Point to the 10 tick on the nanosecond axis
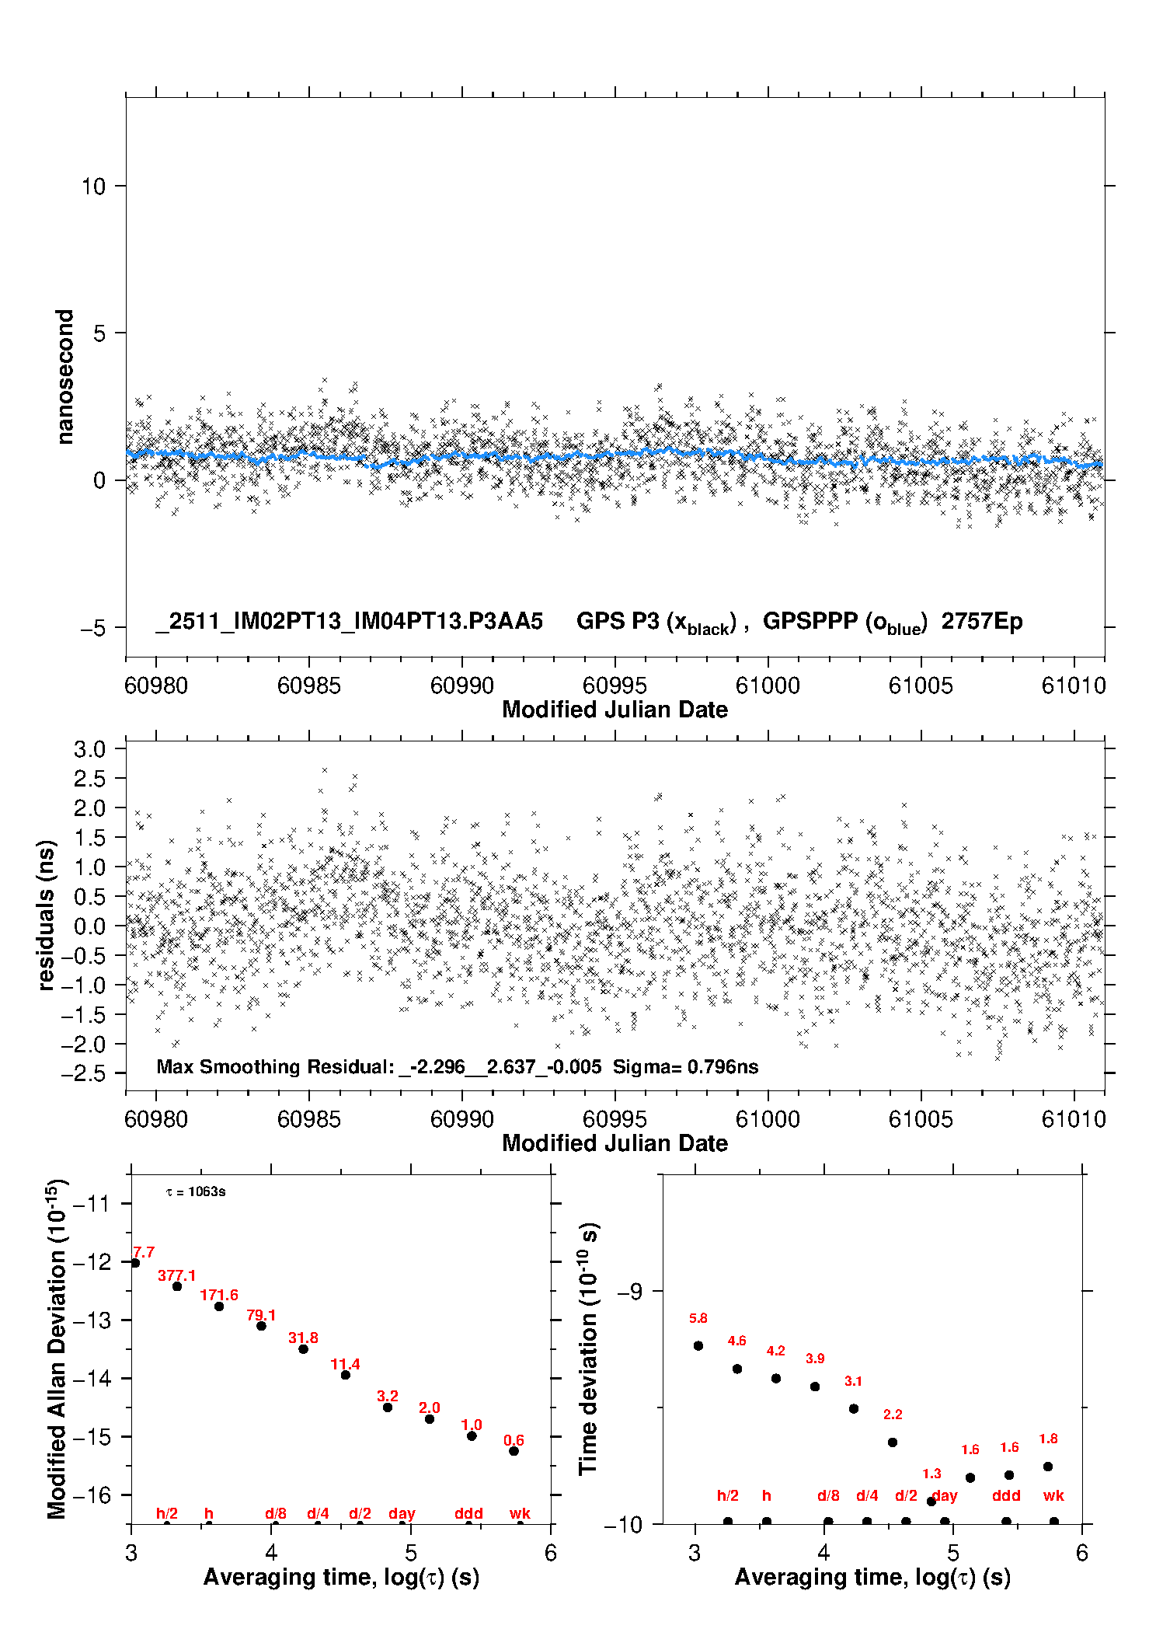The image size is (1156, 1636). click(x=93, y=187)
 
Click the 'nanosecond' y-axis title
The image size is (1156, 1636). click(x=64, y=377)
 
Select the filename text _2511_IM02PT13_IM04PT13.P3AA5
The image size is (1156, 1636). click(x=349, y=622)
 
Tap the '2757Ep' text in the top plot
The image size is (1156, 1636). click(x=982, y=622)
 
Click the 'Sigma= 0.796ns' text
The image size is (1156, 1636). click(x=685, y=1067)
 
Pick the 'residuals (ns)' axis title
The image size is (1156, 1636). click(x=47, y=915)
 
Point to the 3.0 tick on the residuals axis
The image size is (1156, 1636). click(x=89, y=749)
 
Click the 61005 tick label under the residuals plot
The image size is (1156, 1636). click(x=920, y=1119)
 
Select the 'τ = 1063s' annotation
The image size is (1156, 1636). click(x=196, y=1192)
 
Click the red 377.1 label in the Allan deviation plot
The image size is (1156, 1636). click(x=177, y=1275)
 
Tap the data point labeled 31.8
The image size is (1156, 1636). click(x=303, y=1348)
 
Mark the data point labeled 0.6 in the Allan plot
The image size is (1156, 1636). click(x=514, y=1451)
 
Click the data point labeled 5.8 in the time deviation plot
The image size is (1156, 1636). click(x=698, y=1345)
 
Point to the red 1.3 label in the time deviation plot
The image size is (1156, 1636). click(x=931, y=1474)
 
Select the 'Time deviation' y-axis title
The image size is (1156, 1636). click(x=588, y=1349)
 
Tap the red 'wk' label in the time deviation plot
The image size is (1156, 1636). click(x=1053, y=1495)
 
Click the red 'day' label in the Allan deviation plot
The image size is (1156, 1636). click(x=402, y=1513)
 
